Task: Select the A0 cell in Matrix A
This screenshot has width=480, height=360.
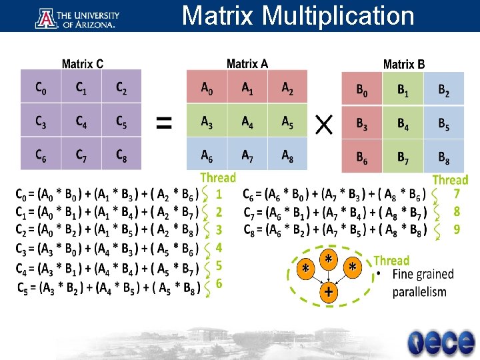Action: [x=207, y=88]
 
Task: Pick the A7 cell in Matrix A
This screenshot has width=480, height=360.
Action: [x=247, y=156]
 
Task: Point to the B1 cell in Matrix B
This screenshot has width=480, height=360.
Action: [x=403, y=89]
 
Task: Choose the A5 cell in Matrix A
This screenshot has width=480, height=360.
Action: [x=287, y=122]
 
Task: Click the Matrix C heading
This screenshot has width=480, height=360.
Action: [x=82, y=64]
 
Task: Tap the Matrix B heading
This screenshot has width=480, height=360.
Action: [x=403, y=64]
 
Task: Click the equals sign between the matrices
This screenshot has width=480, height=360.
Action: [x=164, y=122]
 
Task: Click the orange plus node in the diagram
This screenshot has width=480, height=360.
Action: [x=328, y=291]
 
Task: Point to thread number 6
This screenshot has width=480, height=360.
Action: [x=219, y=283]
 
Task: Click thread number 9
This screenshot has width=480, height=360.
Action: [x=457, y=229]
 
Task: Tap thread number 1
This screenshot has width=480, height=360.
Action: [x=219, y=194]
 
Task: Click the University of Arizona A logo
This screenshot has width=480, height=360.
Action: [x=46, y=17]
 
